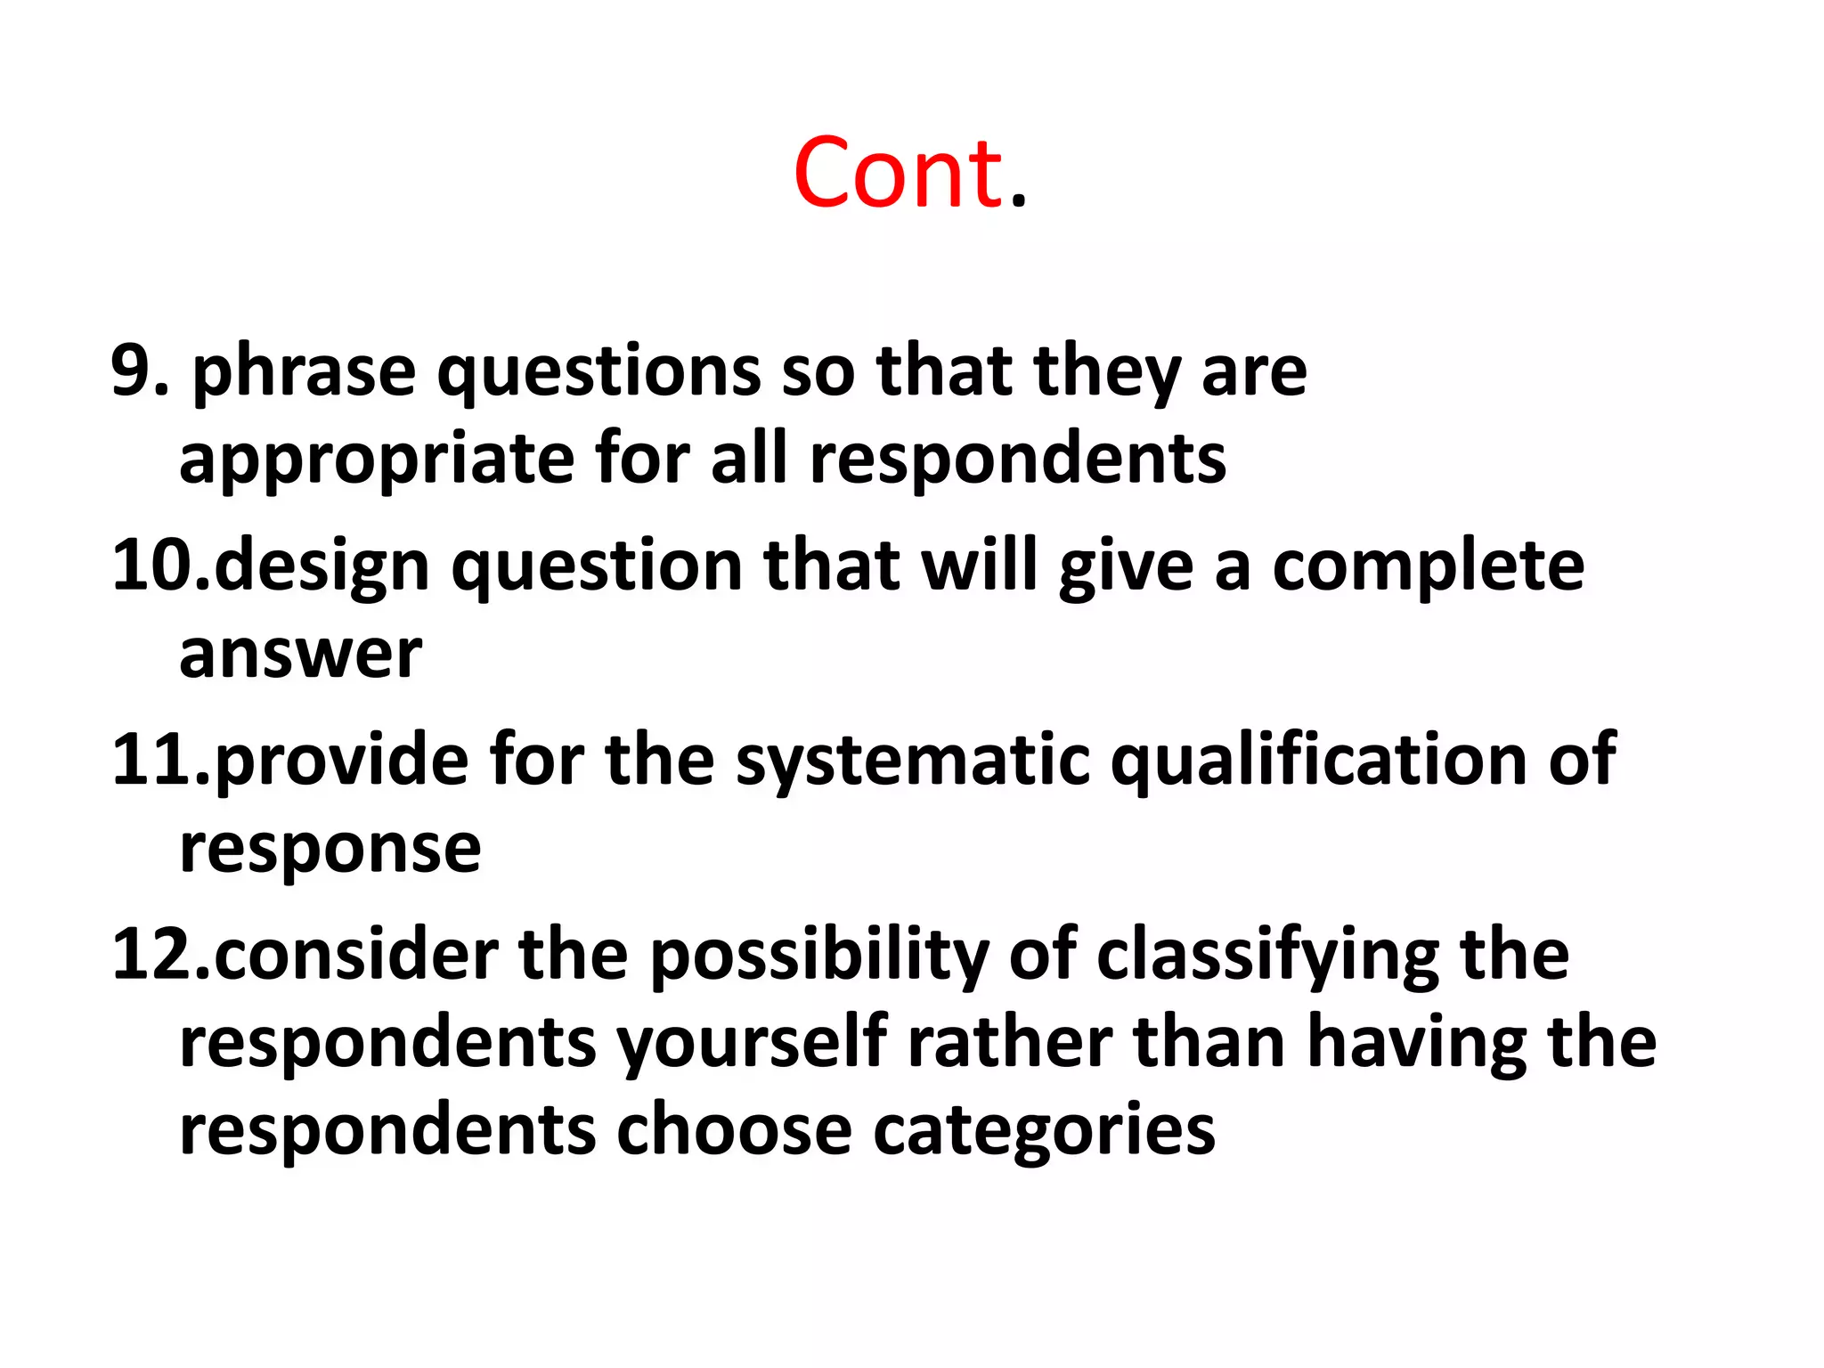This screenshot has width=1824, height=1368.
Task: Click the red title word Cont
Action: coord(908,174)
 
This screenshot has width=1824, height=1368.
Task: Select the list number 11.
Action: coord(160,759)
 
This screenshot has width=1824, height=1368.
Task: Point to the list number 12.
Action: coord(160,954)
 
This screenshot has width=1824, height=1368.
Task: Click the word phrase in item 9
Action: coord(304,372)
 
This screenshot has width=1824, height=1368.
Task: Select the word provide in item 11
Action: coord(341,761)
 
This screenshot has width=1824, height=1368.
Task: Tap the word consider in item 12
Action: coord(356,955)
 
